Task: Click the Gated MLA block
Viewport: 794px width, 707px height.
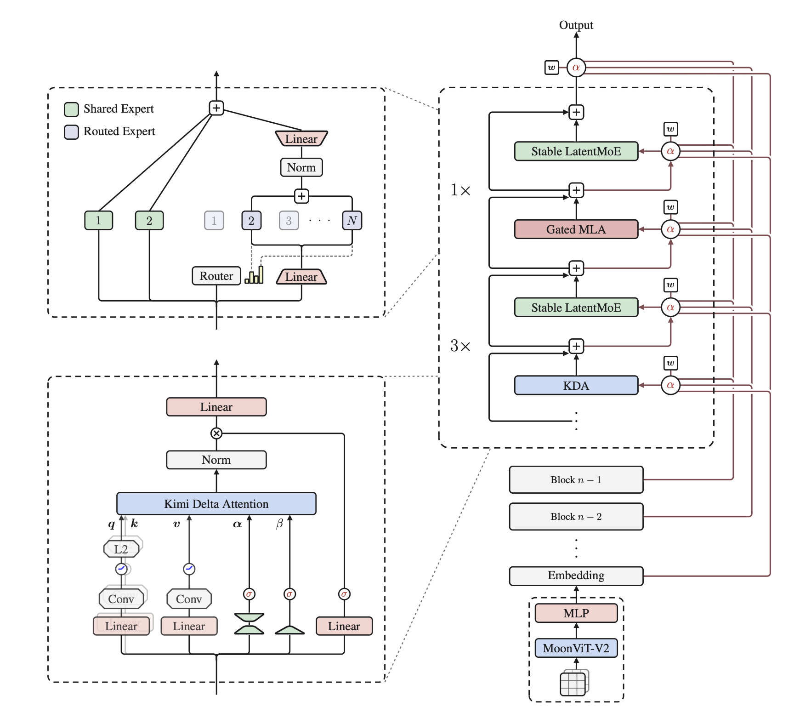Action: [576, 229]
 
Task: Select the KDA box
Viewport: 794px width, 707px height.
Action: [576, 385]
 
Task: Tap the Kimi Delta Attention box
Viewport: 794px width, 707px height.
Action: [216, 504]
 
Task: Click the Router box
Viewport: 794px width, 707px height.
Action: [216, 276]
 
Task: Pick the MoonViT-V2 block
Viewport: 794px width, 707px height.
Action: [576, 648]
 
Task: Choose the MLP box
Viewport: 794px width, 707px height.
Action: [576, 613]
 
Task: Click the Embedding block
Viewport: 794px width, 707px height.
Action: [576, 576]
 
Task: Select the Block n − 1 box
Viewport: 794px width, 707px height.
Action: [576, 479]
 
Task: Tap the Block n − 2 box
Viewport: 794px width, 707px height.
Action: [576, 516]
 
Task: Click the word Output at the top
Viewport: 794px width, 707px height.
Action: [576, 25]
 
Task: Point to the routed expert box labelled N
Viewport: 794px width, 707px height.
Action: [352, 220]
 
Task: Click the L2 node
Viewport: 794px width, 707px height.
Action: [121, 549]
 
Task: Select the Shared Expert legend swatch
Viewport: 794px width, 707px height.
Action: [71, 109]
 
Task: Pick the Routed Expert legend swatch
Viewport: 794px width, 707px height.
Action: [71, 132]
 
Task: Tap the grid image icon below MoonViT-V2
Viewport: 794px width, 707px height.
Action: [574, 683]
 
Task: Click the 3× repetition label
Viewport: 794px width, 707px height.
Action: [460, 346]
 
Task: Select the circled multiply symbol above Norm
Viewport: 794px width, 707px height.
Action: [216, 433]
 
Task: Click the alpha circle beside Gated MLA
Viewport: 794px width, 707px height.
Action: [670, 229]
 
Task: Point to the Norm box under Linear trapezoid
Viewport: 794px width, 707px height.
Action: [301, 167]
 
